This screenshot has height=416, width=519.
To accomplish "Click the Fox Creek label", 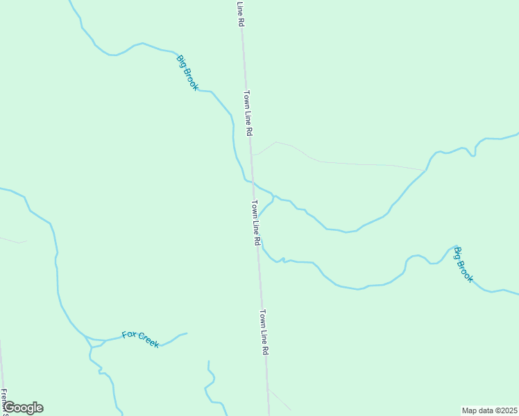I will (140, 339).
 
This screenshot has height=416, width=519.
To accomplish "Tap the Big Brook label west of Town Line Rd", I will (187, 73).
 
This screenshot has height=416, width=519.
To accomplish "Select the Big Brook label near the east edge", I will (463, 264).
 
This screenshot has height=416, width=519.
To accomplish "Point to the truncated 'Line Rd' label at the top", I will (240, 13).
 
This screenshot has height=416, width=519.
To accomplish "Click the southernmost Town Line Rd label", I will (264, 333).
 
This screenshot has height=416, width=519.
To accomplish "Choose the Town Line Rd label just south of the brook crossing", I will (255, 223).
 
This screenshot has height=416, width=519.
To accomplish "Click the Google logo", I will (22, 408).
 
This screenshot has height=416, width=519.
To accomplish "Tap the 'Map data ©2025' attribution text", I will (490, 410).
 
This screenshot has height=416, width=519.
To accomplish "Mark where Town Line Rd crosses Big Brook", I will (253, 183).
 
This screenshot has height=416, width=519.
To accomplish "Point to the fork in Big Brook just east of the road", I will (273, 196).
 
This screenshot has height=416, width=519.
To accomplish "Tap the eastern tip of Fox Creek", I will (187, 333).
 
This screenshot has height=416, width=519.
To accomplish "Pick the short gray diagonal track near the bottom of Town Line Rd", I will (279, 399).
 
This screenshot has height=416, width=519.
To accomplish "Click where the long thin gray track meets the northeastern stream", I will (425, 170).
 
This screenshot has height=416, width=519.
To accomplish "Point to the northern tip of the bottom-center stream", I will (208, 361).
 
